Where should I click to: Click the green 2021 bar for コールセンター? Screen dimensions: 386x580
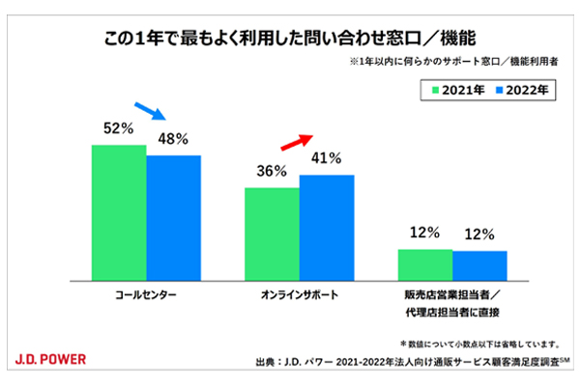pos(119,211)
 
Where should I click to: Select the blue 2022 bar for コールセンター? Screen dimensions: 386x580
pos(174,216)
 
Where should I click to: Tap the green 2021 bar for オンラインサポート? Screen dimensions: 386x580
pos(272,233)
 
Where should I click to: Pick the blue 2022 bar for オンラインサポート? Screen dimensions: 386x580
pos(327,226)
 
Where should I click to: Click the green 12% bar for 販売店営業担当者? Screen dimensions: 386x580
pos(425,263)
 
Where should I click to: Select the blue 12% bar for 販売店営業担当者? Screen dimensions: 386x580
pos(479,264)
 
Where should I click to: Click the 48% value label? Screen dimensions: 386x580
pos(174,138)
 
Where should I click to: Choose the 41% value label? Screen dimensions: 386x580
pos(327,158)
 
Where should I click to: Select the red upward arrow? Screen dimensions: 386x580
pos(296,142)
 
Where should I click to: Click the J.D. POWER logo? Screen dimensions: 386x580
pos(50,359)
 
